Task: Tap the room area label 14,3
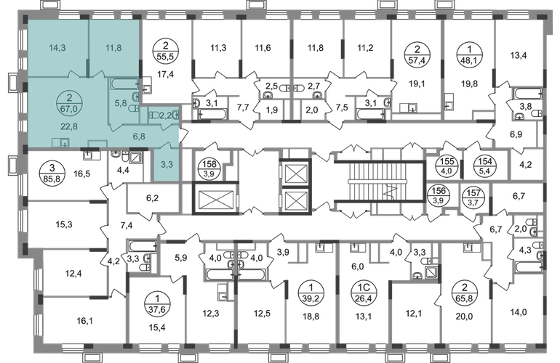[x=57, y=48]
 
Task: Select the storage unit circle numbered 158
[x=209, y=168]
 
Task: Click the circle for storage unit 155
[x=446, y=166]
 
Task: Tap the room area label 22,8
[x=69, y=126]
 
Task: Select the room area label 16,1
[x=84, y=322]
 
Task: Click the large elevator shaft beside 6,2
[x=215, y=198]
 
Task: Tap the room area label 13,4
[x=519, y=55]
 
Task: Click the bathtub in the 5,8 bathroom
[x=124, y=84]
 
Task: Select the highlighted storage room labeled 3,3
[x=167, y=164]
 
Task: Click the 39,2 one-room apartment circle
[x=311, y=292]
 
